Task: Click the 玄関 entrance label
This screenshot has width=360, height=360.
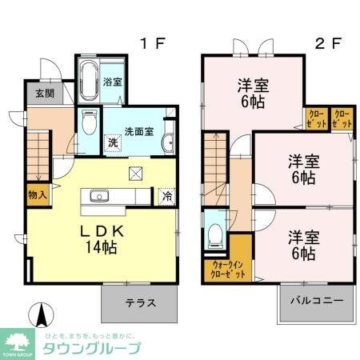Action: coord(44,94)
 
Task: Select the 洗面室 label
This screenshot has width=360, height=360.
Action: coord(140,131)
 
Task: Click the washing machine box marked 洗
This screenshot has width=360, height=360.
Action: coord(113,142)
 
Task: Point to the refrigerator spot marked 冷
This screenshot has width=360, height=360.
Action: coord(166,194)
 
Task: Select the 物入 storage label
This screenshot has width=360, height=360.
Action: coord(37,194)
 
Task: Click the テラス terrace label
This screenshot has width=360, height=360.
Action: coord(139,303)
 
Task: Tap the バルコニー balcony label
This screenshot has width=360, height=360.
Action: coord(316,303)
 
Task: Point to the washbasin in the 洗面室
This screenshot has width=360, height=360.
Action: coord(169,143)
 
